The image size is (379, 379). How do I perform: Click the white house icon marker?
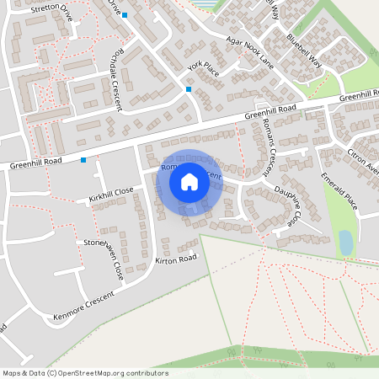(x=189, y=182)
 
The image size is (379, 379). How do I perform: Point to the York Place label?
(x=203, y=69)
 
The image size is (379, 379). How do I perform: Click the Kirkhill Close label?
(x=110, y=192)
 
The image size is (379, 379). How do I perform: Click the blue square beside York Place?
(x=189, y=89)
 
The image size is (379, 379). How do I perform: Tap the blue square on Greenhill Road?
(x=83, y=159)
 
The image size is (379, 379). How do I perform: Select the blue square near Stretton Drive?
(x=125, y=15)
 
